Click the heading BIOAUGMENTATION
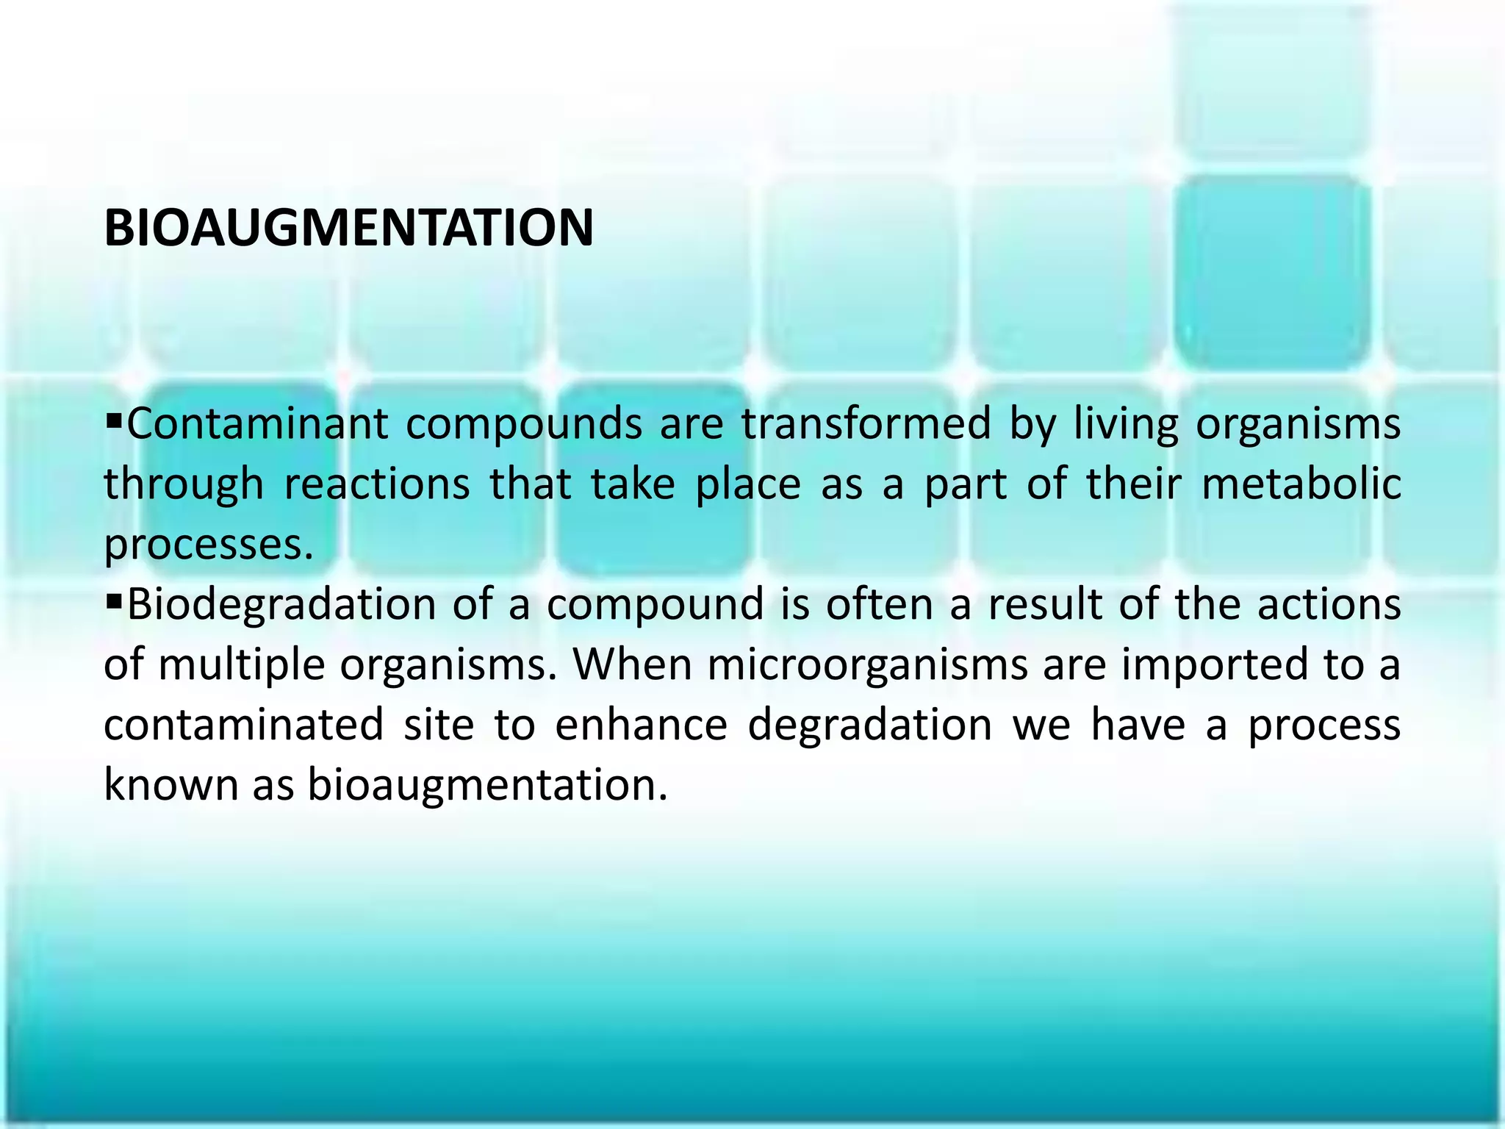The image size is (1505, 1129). [348, 229]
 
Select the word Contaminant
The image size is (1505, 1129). [257, 425]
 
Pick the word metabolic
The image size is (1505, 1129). [1301, 485]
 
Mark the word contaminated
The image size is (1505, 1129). [243, 725]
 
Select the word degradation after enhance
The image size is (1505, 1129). [870, 726]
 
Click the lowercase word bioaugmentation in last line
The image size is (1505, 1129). [487, 786]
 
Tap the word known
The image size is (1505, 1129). [171, 784]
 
